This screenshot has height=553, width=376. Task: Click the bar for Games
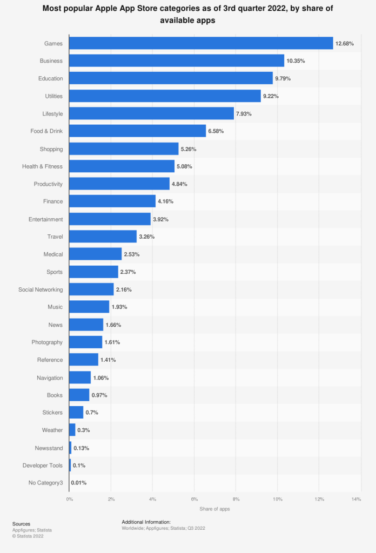pos(201,43)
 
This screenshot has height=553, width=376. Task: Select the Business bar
pos(177,61)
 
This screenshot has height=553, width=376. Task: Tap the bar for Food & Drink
pos(138,131)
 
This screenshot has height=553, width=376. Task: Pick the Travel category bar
pos(103,237)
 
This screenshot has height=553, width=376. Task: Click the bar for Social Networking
pos(91,289)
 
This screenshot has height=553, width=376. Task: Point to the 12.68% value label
pos(345,43)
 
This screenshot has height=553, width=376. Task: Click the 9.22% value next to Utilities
pos(272,96)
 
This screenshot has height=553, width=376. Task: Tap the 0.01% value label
pos(79,483)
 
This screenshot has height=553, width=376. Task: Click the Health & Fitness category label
pos(42,166)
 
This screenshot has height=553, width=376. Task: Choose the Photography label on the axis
pos(47,342)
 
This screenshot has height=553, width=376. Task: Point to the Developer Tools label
pos(43,466)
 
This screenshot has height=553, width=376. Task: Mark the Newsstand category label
pos(48,448)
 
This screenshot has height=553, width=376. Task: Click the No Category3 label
pos(45,483)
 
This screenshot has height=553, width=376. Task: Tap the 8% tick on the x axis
pos(236,499)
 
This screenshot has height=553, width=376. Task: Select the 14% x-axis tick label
pos(356,499)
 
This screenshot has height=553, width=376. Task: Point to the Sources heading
pos(21,524)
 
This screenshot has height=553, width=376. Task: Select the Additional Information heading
pos(146,522)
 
